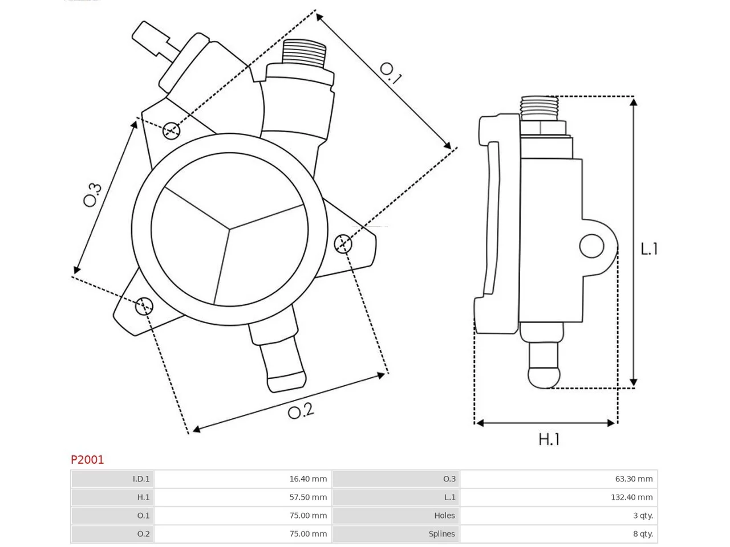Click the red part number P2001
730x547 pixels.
87,460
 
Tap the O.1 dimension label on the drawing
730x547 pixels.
391,74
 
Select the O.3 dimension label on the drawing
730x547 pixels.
92,195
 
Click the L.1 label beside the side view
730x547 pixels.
649,249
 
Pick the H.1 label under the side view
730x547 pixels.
549,439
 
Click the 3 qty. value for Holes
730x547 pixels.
643,515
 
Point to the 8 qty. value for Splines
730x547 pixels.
643,533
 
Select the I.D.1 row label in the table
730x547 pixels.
141,479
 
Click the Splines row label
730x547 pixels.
441,534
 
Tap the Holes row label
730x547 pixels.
444,515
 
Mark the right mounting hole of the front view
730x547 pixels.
343,243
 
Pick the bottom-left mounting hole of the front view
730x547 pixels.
144,306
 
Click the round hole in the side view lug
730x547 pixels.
591,246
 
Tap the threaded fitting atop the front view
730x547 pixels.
303,53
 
